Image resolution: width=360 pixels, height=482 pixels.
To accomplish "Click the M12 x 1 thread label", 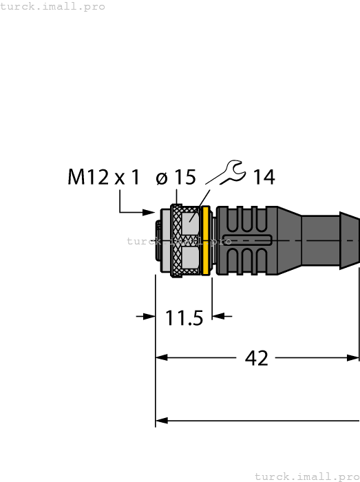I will (x=104, y=178).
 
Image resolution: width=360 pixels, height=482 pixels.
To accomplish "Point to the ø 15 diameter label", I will (x=176, y=178).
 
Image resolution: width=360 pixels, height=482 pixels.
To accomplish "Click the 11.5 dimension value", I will (x=184, y=319).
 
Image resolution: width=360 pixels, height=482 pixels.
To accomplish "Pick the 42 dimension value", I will (x=257, y=358).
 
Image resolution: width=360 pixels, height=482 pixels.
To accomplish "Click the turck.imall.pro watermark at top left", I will (x=53, y=6).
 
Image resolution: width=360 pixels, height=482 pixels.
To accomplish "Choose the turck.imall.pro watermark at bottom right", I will (x=307, y=476).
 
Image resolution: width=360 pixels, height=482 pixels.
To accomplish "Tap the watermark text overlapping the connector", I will (x=176, y=241).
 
